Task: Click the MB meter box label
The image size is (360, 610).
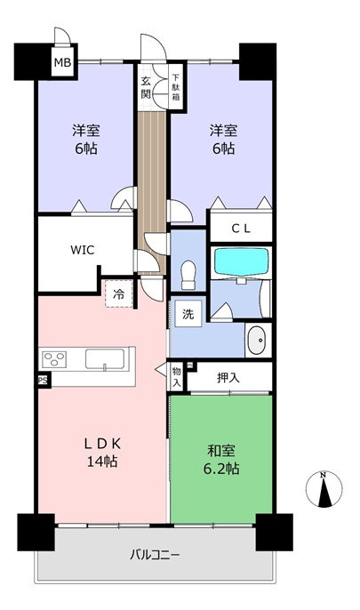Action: click(x=62, y=62)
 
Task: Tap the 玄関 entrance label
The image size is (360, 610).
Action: click(x=146, y=87)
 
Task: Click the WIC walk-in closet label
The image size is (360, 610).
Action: click(x=83, y=250)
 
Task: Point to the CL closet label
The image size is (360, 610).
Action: click(x=241, y=229)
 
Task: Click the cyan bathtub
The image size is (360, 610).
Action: click(x=242, y=262)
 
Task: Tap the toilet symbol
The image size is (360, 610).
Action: click(x=188, y=275)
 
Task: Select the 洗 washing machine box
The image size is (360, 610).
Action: click(x=188, y=314)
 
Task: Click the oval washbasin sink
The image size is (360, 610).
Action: click(x=257, y=340)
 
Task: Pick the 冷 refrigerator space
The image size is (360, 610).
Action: click(x=119, y=293)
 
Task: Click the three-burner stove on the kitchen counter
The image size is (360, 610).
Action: click(x=54, y=358)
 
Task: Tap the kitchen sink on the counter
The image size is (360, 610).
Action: click(x=105, y=358)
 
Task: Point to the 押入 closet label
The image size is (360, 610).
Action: click(x=228, y=377)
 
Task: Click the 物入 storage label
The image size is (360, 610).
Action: click(x=177, y=377)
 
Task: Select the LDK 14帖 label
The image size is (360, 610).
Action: click(x=102, y=453)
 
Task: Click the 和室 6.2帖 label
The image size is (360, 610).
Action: click(x=221, y=460)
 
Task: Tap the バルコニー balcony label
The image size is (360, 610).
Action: click(x=155, y=554)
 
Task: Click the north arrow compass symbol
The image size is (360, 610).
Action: click(x=324, y=489)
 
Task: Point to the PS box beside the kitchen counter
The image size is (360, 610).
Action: click(x=44, y=380)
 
